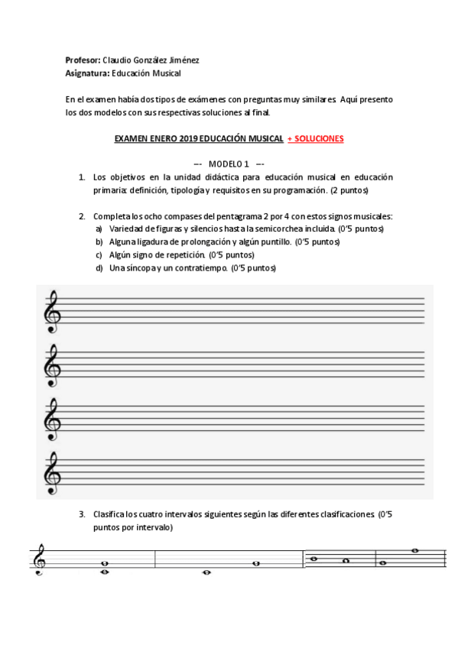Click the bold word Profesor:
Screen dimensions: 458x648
click(83, 60)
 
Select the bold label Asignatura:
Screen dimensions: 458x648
click(88, 73)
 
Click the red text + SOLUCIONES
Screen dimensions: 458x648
click(316, 139)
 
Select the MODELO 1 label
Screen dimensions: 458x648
click(229, 164)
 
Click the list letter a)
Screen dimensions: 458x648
click(99, 229)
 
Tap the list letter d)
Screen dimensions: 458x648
click(99, 268)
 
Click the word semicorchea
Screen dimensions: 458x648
click(310, 229)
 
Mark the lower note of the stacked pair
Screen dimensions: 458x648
click(104, 572)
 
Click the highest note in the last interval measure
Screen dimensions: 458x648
click(414, 550)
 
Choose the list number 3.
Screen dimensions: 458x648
click(82, 514)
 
